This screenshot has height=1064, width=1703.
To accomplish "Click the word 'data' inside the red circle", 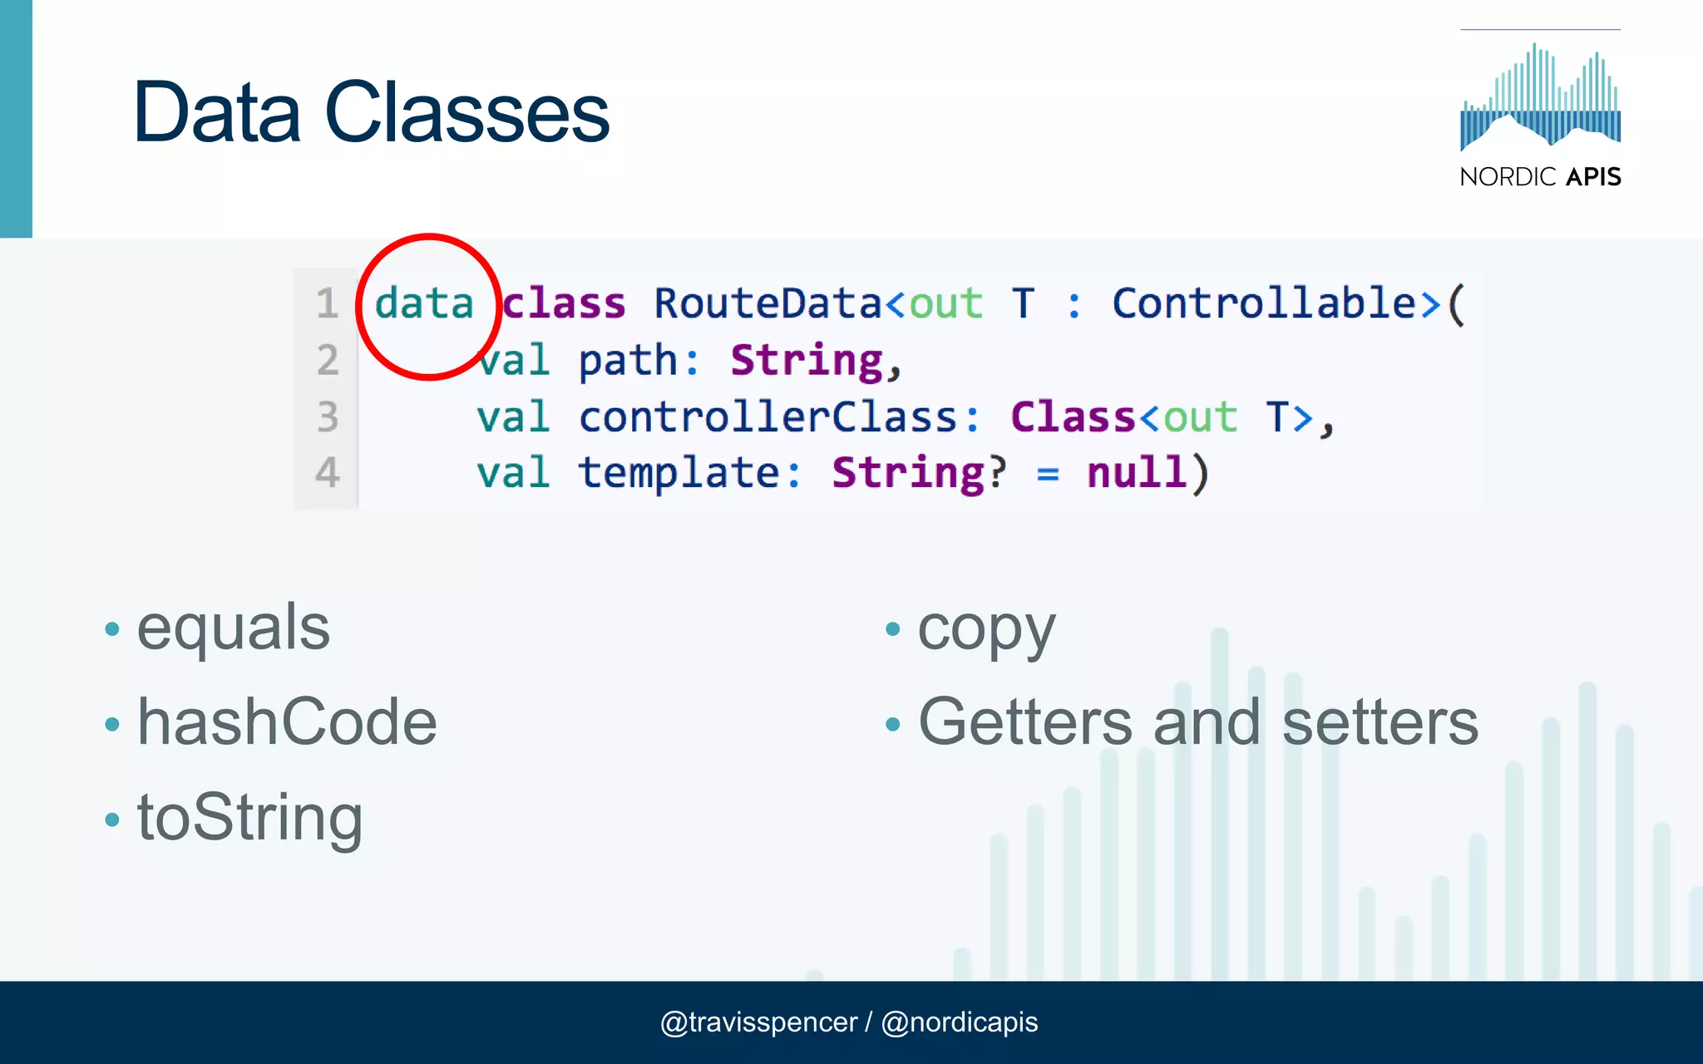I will tap(424, 303).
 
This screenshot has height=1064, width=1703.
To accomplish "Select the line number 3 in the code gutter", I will tap(328, 416).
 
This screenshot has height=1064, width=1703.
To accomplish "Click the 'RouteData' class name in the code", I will tap(767, 303).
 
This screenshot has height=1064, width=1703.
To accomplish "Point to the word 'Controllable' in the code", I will tap(1264, 303).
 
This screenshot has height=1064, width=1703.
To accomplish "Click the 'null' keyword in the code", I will tap(1137, 473).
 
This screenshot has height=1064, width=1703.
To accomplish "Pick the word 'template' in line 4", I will tap(679, 473).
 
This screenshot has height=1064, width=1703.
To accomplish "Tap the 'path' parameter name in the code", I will tap(628, 361).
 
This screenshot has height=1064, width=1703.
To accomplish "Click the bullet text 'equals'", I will tap(234, 628).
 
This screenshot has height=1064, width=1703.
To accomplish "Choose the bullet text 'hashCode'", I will tap(287, 722).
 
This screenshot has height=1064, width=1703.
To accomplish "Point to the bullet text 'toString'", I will tap(249, 817).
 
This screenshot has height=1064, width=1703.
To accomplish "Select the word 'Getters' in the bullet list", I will tap(1025, 722).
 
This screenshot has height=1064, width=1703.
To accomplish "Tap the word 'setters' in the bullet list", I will tap(1380, 722).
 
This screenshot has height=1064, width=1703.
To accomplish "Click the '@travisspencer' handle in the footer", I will tap(758, 1022).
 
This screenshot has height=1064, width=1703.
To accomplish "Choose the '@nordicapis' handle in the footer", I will tap(960, 1022).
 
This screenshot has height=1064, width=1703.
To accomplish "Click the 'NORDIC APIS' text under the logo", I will tap(1540, 176).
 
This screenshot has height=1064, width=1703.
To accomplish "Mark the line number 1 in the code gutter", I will tap(327, 303).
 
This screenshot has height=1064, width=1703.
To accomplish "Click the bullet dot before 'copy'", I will tap(893, 629).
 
